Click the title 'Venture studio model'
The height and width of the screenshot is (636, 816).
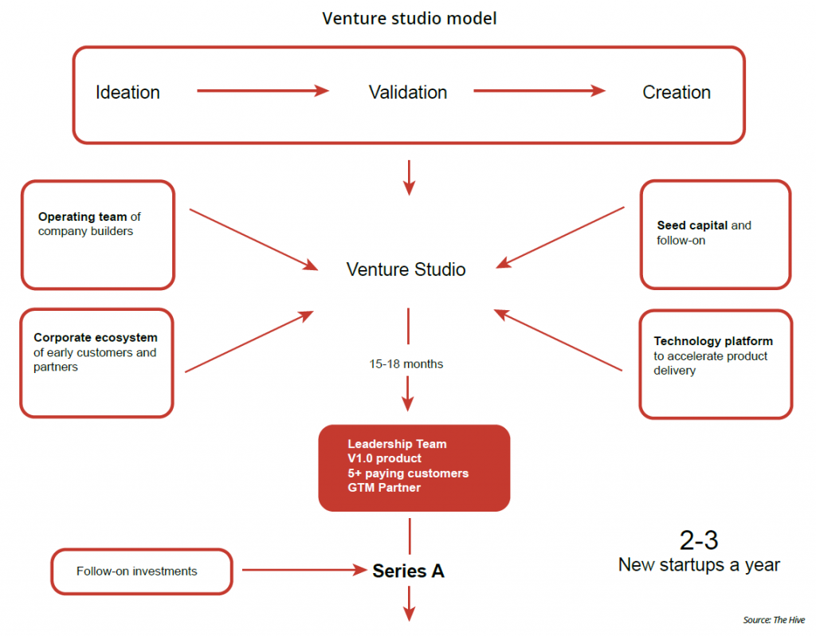tap(409, 18)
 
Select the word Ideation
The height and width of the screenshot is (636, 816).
tap(127, 92)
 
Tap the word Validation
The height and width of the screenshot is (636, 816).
tap(408, 92)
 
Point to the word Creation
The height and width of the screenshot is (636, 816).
tap(677, 92)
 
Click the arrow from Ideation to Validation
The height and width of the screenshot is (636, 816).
tap(263, 91)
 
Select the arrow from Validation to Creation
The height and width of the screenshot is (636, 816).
tap(539, 91)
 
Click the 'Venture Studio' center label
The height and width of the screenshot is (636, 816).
tap(406, 269)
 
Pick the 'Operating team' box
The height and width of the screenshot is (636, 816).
tap(97, 234)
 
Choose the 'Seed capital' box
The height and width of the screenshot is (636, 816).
tap(716, 234)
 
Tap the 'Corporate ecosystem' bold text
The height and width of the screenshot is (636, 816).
tap(96, 338)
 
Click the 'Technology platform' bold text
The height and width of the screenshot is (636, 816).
tap(713, 341)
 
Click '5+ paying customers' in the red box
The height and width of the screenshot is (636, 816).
tap(408, 473)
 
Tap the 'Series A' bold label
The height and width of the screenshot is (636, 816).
tap(409, 571)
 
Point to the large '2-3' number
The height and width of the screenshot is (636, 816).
tap(699, 540)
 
